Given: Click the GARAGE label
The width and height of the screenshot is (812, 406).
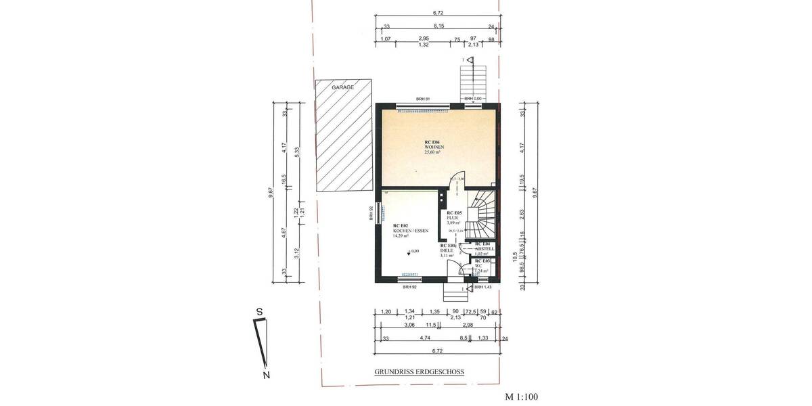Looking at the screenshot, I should click(342, 87).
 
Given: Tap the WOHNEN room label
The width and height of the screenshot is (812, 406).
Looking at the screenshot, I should click(433, 147).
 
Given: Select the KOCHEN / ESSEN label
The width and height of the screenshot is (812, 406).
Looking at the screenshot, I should click(411, 231).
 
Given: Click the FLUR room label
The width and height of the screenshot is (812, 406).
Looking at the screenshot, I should click(453, 217).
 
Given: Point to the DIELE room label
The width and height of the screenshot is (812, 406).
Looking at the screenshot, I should click(447, 250).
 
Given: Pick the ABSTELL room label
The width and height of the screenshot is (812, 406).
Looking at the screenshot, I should click(486, 248).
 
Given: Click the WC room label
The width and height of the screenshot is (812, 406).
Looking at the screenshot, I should click(479, 266).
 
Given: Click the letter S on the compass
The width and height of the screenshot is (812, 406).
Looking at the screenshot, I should click(258, 311).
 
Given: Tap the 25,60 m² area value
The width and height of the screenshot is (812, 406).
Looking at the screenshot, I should click(433, 152).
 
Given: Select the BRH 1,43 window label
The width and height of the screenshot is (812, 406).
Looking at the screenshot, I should click(482, 287).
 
